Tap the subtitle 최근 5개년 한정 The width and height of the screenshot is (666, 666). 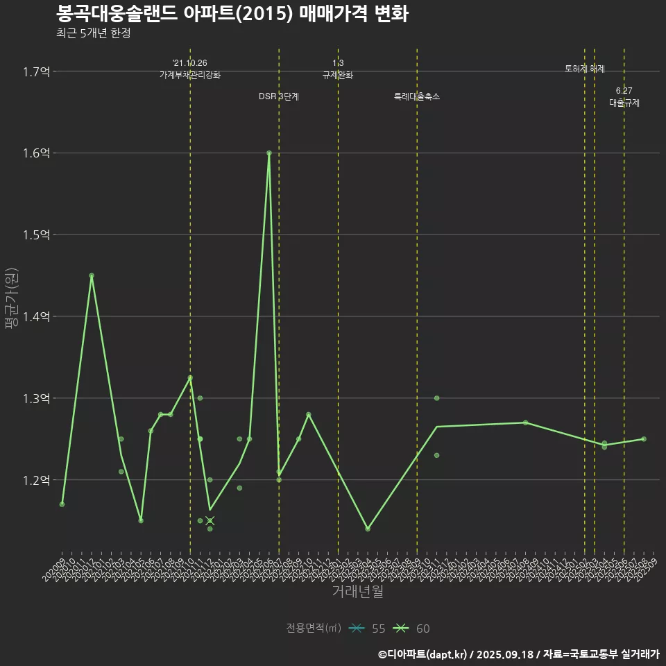click(93, 33)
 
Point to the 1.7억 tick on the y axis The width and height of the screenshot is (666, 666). click(36, 71)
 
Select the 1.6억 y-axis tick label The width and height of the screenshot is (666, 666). click(36, 153)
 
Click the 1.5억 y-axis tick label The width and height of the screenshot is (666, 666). click(36, 235)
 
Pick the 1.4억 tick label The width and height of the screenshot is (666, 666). click(36, 317)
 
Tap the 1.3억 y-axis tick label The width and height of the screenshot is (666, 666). click(36, 399)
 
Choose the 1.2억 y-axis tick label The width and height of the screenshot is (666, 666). click(36, 481)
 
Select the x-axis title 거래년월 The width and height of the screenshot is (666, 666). click(357, 591)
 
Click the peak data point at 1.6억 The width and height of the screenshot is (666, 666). click(269, 153)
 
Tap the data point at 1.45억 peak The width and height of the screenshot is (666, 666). click(92, 275)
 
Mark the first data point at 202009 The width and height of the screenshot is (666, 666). click(62, 504)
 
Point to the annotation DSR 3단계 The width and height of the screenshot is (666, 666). click(279, 96)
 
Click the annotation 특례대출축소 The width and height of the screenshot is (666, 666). click(417, 96)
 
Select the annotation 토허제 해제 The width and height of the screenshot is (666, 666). click(585, 69)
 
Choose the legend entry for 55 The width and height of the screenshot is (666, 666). click(368, 629)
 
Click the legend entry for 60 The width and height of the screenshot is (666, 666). click(412, 629)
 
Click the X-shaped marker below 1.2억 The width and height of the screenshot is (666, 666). click(210, 520)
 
